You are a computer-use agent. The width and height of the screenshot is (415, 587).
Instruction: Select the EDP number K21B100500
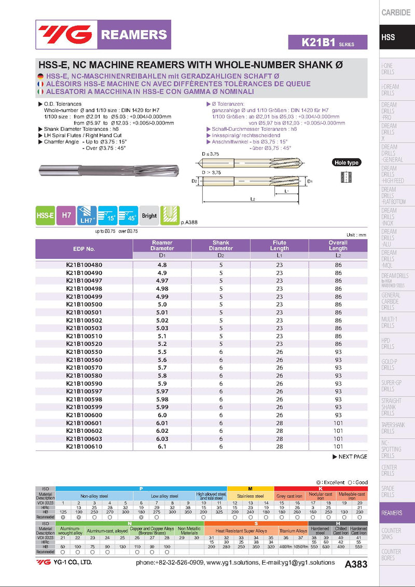[x=84, y=304]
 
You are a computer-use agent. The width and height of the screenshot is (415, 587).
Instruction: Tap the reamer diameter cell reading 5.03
[x=162, y=328]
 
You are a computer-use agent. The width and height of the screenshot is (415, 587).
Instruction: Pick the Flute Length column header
[x=279, y=245]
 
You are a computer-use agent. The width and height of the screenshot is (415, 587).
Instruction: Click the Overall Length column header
[x=338, y=245]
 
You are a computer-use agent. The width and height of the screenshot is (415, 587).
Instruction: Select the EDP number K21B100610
[x=84, y=446]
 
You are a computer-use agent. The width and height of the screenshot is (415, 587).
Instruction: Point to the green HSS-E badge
[x=45, y=215]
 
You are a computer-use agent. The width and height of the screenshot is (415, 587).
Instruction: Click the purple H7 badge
[x=66, y=215]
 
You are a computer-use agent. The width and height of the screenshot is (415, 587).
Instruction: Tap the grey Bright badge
[x=149, y=215]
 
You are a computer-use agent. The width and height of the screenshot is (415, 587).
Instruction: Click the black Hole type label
[x=346, y=162]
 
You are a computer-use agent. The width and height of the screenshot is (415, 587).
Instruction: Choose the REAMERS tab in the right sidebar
[x=392, y=513]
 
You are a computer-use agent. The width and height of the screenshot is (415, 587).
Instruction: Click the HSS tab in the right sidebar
[x=388, y=37]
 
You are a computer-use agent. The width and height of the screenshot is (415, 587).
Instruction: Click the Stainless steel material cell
[x=250, y=496]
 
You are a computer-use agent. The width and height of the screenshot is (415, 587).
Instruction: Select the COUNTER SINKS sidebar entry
[x=391, y=534]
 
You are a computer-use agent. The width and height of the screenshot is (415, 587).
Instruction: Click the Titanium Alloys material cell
[x=293, y=531]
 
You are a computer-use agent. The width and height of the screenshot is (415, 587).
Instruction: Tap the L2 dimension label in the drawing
[x=252, y=199]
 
